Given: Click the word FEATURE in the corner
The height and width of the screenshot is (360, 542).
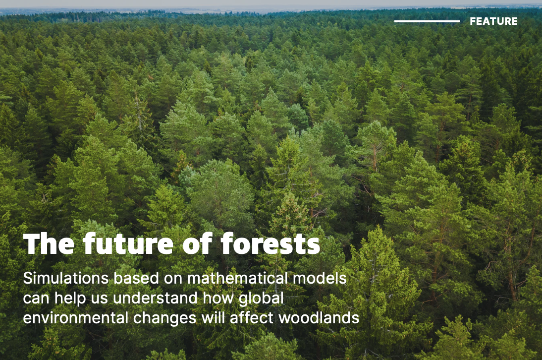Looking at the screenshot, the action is click(493, 21).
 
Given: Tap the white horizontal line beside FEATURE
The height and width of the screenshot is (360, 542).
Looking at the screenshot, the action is click(427, 21).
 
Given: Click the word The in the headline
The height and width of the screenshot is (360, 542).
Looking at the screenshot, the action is click(49, 244).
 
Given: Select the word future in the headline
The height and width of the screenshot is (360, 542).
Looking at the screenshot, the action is click(128, 244).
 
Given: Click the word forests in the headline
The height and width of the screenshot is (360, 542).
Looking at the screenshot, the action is click(271, 244).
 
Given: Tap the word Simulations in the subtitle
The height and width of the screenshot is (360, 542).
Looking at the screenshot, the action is click(66, 278).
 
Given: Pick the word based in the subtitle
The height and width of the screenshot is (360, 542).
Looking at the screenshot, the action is click(136, 278).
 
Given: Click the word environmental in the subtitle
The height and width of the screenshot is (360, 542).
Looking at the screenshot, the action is click(75, 318).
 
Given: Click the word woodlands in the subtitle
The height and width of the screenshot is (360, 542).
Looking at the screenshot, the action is click(319, 318).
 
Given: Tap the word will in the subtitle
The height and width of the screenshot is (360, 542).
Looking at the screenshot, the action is click(213, 318).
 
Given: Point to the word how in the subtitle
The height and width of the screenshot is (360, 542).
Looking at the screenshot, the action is click(218, 298).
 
